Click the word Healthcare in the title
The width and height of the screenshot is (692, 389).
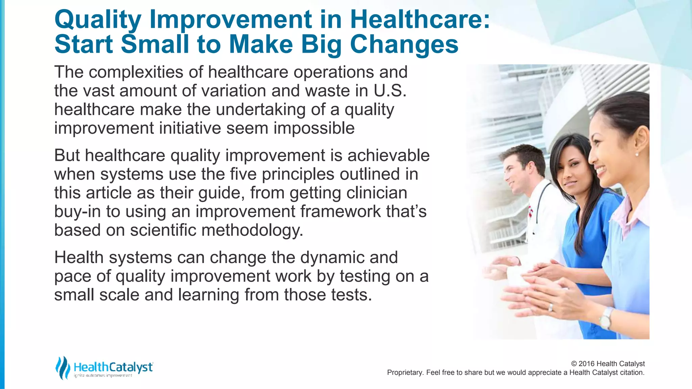(420, 19)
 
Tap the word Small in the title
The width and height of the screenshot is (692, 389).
(155, 44)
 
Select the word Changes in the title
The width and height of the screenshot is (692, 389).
(404, 44)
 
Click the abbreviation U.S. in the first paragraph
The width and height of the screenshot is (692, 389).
(390, 91)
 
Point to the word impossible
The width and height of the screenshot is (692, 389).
(314, 128)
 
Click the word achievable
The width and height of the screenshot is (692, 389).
(389, 156)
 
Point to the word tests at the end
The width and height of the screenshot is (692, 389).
(351, 295)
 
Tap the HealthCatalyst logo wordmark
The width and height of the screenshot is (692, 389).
(113, 367)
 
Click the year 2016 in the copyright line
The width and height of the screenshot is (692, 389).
(587, 364)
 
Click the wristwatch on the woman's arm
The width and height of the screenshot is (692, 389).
(605, 318)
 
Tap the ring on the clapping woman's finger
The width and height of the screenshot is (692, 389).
(551, 307)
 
